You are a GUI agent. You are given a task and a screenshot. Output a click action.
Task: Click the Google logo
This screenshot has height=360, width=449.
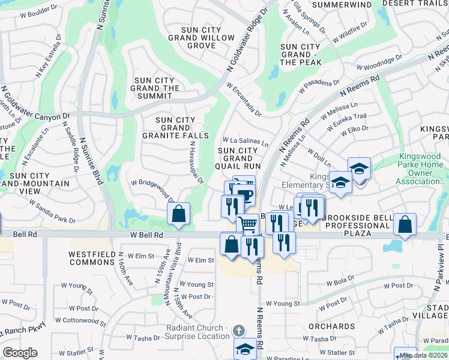(x=20, y=353)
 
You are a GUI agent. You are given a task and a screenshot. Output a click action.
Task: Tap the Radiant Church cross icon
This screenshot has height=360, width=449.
(x=239, y=331)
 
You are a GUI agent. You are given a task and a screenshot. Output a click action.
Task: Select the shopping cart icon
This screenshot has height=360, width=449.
(x=247, y=224)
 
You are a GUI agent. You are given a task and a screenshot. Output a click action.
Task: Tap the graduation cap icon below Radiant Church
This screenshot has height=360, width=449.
(x=245, y=349)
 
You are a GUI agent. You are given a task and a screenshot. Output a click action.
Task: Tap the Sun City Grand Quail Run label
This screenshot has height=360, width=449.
(x=239, y=158)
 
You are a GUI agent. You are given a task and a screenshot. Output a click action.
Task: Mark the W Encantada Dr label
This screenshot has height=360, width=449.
(x=244, y=99)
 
